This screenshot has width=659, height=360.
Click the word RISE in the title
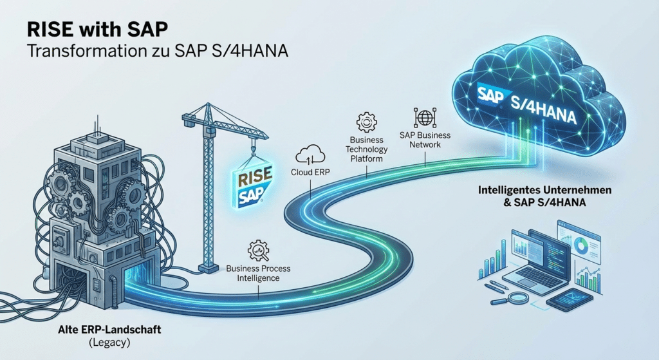[x=51, y=30]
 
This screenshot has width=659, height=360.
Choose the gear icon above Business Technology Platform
[x=366, y=121]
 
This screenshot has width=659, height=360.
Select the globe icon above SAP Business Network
[x=424, y=117]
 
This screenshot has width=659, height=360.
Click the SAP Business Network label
[x=425, y=140]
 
